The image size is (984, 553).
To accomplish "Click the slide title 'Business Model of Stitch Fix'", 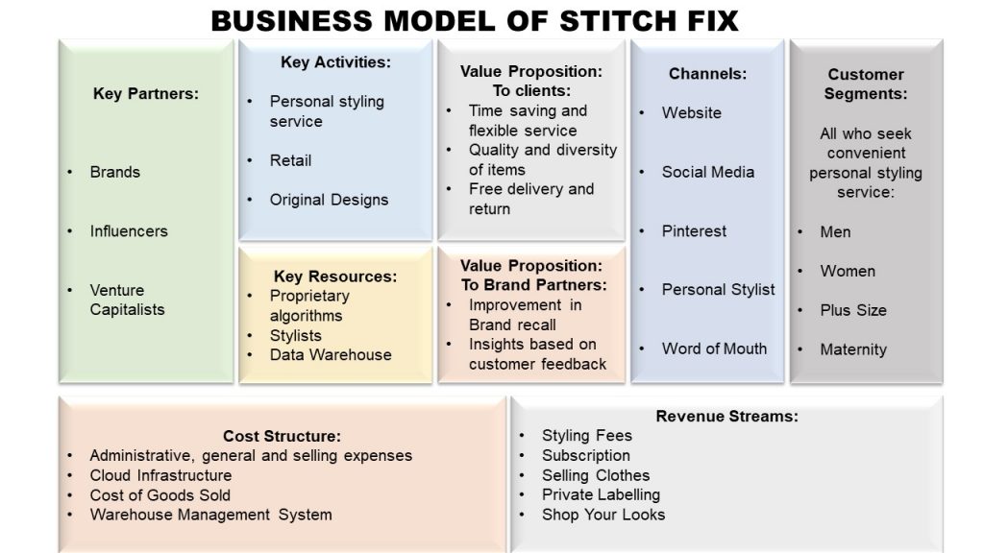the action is pyautogui.click(x=475, y=21).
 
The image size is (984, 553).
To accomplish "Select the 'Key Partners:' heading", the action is pyautogui.click(x=146, y=93).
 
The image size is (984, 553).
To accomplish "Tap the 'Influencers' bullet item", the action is pyautogui.click(x=129, y=230).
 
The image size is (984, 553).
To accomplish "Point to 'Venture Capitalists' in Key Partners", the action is pyautogui.click(x=128, y=300).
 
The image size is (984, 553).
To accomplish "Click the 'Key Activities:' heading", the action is pyautogui.click(x=335, y=62).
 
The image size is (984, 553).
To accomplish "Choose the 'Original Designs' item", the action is pyautogui.click(x=329, y=200).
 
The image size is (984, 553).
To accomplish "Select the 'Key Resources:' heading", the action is pyautogui.click(x=335, y=276).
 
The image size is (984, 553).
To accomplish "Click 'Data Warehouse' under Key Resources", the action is pyautogui.click(x=331, y=355).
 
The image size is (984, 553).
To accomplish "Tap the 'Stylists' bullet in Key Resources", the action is pyautogui.click(x=296, y=335).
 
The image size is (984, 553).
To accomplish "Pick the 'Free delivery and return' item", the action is pyautogui.click(x=531, y=199).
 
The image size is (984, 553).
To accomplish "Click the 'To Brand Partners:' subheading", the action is pyautogui.click(x=534, y=284).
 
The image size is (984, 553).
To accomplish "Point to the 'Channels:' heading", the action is pyautogui.click(x=707, y=74).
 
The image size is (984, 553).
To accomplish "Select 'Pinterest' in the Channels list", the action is pyautogui.click(x=694, y=230).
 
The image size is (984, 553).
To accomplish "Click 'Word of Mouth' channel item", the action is pyautogui.click(x=714, y=349).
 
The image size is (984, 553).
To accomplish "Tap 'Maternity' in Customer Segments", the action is pyautogui.click(x=853, y=349).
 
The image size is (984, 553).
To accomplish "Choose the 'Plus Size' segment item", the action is pyautogui.click(x=853, y=310).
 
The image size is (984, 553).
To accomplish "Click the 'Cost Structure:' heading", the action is pyautogui.click(x=282, y=436).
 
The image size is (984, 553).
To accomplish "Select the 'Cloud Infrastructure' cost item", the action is pyautogui.click(x=160, y=475).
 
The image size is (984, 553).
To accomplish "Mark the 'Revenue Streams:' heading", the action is pyautogui.click(x=726, y=417).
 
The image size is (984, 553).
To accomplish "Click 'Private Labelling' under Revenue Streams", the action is pyautogui.click(x=602, y=494).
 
